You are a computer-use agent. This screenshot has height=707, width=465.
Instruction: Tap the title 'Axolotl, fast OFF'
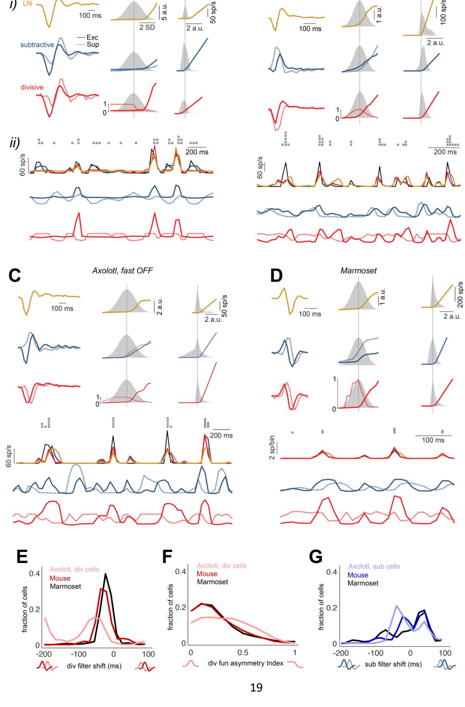[122, 270]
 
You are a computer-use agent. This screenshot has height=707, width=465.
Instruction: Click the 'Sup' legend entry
[93, 44]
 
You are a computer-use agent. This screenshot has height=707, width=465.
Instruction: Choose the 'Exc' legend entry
[93, 38]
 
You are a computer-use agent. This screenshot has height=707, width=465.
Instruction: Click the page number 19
[257, 688]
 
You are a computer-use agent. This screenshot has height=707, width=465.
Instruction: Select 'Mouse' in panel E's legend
[60, 578]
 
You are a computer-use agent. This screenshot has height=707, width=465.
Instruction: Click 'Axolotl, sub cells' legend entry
[374, 567]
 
